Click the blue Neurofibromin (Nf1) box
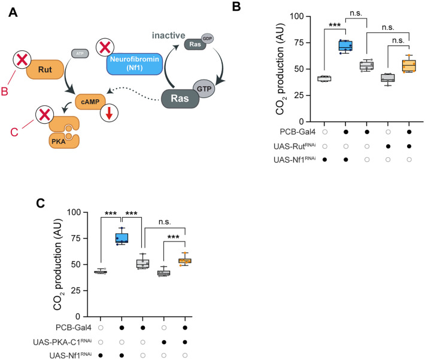click(x=135, y=64)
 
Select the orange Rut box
click(x=45, y=69)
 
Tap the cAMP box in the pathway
click(x=90, y=102)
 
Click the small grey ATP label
click(x=80, y=53)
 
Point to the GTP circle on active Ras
click(x=204, y=89)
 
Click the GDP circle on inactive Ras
click(x=207, y=38)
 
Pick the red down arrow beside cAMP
click(x=109, y=113)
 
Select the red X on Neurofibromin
click(x=105, y=47)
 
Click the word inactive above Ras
click(x=168, y=35)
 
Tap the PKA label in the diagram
click(x=59, y=141)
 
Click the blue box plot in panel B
click(x=345, y=46)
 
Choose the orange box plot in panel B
click(x=409, y=66)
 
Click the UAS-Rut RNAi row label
click(x=295, y=147)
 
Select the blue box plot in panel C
click(x=122, y=237)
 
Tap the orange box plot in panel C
click(x=185, y=261)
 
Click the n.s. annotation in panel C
click(x=165, y=222)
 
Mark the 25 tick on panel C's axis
click(x=74, y=291)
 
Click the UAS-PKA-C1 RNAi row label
click(x=62, y=342)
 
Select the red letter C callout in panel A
click(x=14, y=132)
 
